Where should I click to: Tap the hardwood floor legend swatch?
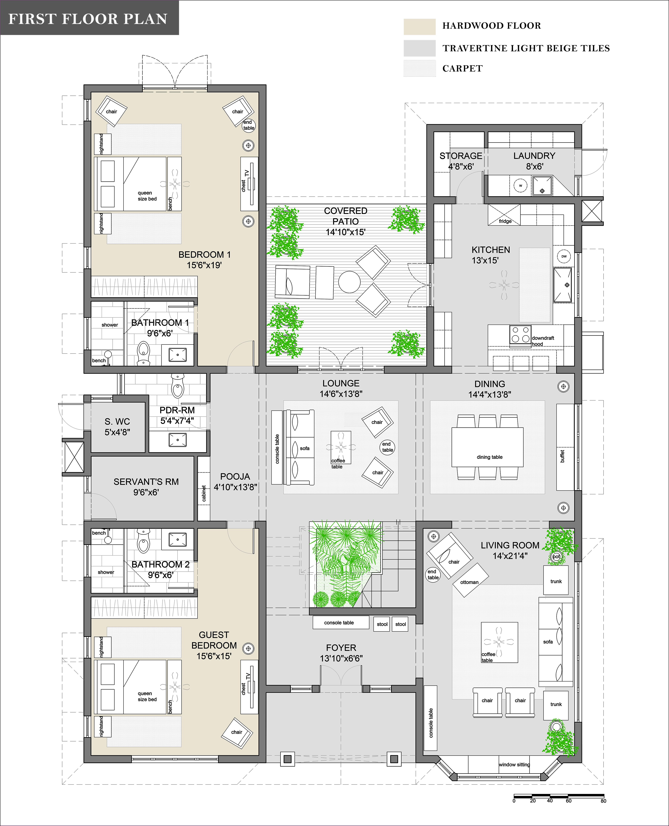click(x=420, y=27)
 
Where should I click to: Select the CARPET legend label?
click(x=462, y=68)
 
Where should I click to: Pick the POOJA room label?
click(x=235, y=476)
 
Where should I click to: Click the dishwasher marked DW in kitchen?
click(x=564, y=256)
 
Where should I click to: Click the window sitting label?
click(x=514, y=764)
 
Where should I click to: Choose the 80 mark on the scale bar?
click(x=603, y=801)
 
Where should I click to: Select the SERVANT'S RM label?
click(x=146, y=482)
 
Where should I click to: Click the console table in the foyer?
click(x=341, y=623)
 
